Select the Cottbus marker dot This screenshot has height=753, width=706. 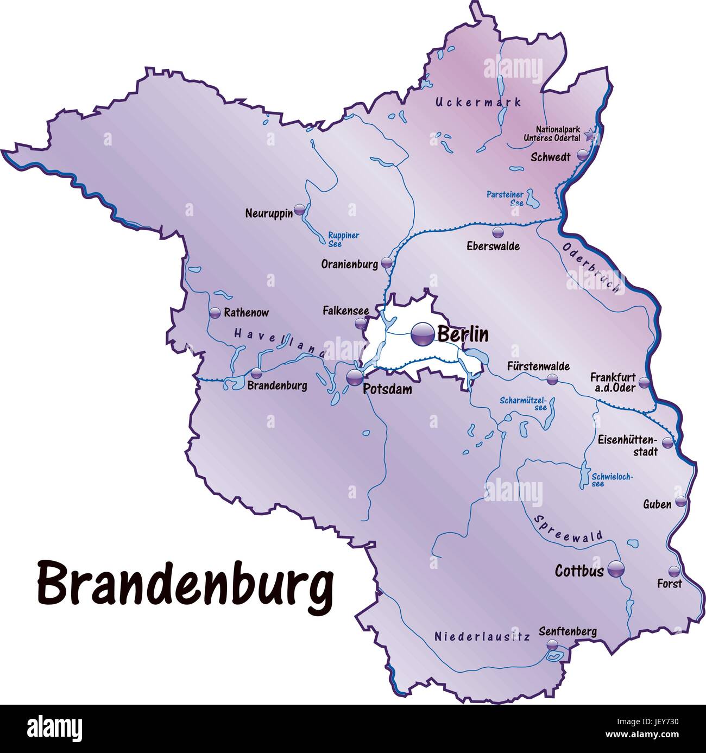point(616,569)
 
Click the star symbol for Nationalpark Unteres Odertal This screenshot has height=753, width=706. point(591,135)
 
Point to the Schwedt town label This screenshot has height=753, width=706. point(550,157)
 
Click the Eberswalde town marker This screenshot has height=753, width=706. point(496,232)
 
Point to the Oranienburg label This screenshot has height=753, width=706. point(349,265)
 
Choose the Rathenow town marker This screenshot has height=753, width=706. point(215,313)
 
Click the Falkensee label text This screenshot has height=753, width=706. point(345,311)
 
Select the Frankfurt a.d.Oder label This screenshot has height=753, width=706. point(613,382)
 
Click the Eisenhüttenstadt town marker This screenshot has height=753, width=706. point(667,442)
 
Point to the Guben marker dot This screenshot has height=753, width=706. point(680,501)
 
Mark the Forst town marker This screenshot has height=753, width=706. point(674,571)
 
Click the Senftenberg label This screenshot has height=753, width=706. point(568,631)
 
